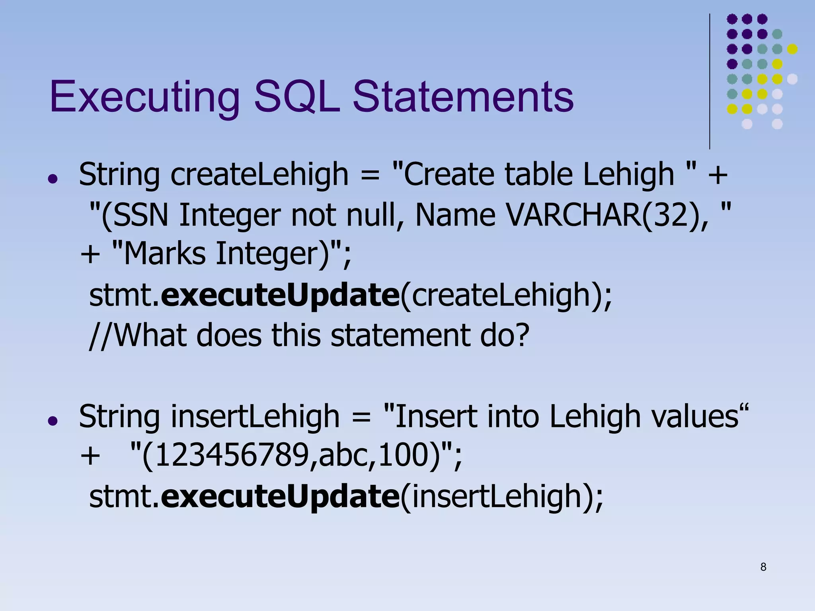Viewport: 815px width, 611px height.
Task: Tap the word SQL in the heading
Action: tap(296, 97)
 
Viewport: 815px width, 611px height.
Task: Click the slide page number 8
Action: tap(763, 567)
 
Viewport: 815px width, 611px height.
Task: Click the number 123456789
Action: tap(231, 455)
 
